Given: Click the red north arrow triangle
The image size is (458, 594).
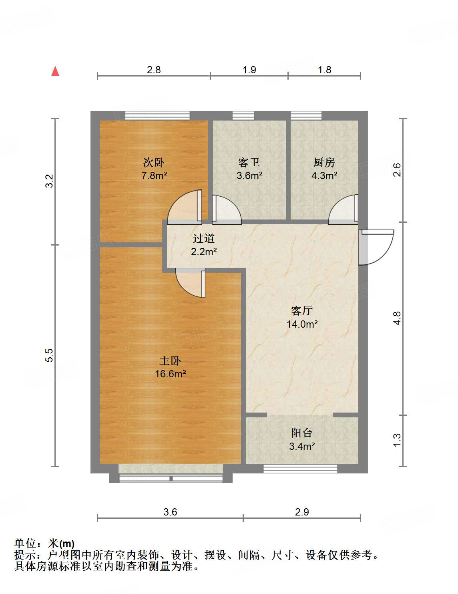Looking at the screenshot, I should point(55,71).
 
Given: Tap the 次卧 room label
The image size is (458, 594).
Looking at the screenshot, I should point(154,162).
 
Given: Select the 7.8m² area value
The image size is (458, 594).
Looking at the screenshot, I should point(154,175).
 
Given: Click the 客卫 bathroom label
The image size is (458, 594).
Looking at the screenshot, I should point(249,162).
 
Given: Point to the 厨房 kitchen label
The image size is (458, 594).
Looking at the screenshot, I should point(324,162).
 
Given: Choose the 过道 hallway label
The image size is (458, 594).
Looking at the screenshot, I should point(204,239).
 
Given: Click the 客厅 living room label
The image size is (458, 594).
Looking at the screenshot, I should point(302,310).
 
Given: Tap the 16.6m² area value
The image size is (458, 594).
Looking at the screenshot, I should point(170,374).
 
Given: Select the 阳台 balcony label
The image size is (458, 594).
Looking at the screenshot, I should point(301,433).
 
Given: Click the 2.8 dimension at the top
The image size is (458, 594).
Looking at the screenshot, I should point(154,70).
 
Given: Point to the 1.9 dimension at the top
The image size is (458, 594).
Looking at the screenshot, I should point(249,70).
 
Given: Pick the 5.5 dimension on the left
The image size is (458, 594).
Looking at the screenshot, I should point(49,355).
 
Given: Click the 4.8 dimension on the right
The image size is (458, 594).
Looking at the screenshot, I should point(396,318).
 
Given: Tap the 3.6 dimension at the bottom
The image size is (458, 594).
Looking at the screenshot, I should point(170,512).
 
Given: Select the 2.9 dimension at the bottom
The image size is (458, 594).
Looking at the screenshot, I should point(302,512).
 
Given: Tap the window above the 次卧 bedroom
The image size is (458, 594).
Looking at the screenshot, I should point(157,116).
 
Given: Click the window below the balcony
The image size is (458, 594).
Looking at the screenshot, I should point(300,468).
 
